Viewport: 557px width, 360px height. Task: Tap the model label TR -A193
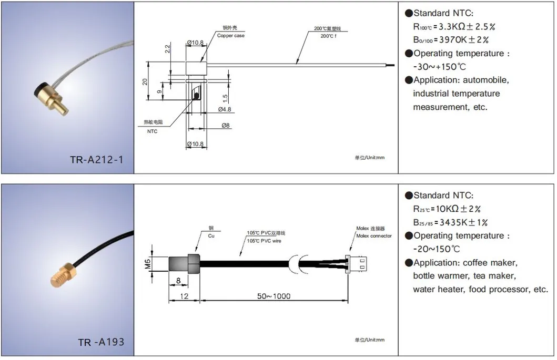pyautogui.click(x=101, y=342)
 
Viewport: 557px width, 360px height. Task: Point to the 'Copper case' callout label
pyautogui.click(x=231, y=36)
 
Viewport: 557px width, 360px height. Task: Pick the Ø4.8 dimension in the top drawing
pyautogui.click(x=225, y=109)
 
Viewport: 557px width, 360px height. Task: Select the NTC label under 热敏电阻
pyautogui.click(x=152, y=131)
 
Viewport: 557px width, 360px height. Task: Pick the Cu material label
pyautogui.click(x=211, y=236)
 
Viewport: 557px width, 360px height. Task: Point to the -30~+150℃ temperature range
pyautogui.click(x=439, y=67)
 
